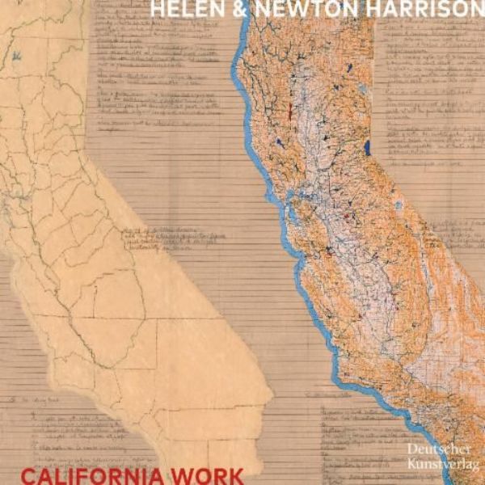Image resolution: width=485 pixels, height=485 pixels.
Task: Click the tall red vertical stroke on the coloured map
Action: [289, 111]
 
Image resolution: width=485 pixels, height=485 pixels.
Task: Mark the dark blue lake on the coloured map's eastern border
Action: [367, 147]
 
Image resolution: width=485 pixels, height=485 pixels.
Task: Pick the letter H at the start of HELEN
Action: [155, 9]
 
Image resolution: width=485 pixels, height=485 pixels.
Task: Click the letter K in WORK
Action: [235, 474]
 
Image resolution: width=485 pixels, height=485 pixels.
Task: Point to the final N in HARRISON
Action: [475, 9]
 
